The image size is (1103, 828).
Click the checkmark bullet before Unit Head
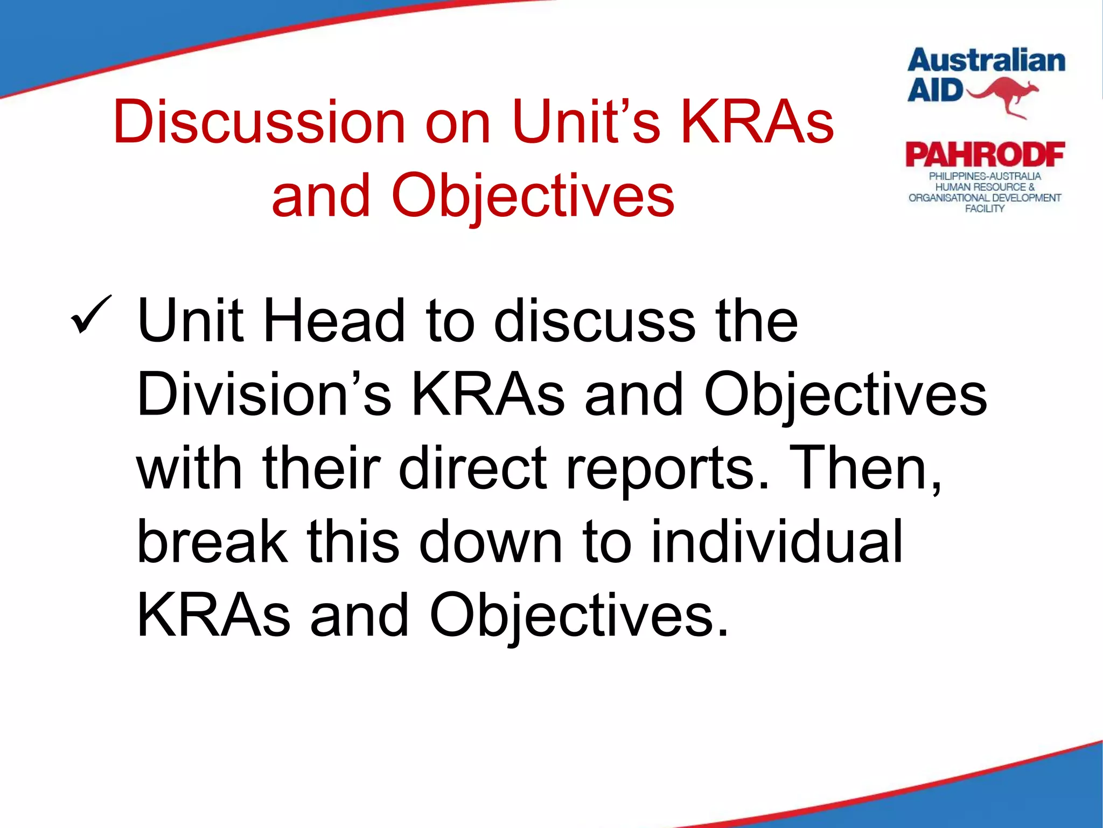click(x=90, y=314)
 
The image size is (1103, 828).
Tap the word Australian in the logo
click(x=986, y=60)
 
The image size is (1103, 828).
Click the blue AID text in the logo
click(x=935, y=90)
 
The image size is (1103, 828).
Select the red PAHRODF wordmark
click(x=985, y=155)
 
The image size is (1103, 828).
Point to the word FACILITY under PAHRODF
click(x=985, y=209)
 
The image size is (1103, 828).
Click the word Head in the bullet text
click(x=334, y=321)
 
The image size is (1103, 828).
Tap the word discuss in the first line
click(x=595, y=321)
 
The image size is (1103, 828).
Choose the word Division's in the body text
click(x=264, y=395)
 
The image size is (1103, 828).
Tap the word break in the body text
click(x=212, y=541)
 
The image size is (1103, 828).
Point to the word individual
click(x=776, y=541)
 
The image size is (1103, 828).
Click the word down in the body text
click(x=491, y=541)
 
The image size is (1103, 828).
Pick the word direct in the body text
click(x=473, y=468)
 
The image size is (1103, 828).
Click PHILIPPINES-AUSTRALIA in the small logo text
click(x=985, y=176)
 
